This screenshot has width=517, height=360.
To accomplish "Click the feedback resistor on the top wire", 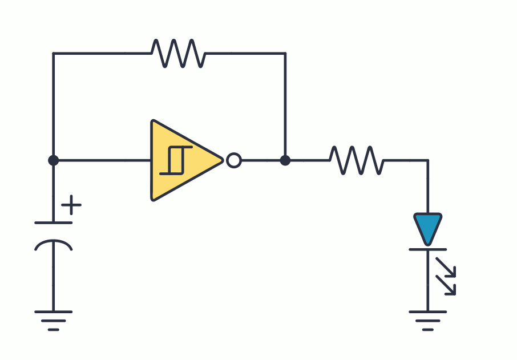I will [x=177, y=53].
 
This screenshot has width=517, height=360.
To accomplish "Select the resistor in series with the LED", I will [x=357, y=160].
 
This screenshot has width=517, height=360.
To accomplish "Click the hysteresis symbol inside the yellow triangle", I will [x=175, y=160].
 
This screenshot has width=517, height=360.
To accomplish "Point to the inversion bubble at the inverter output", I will [x=233, y=160].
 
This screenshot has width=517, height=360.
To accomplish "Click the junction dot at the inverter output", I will [x=285, y=160].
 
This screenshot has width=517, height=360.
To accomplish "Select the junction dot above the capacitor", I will [x=54, y=160].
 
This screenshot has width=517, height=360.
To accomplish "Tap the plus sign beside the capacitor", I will [x=71, y=205].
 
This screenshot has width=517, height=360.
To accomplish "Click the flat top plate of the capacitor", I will [x=54, y=223].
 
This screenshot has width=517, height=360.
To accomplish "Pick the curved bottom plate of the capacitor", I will [x=54, y=244].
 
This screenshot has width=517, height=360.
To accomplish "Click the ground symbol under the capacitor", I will [x=54, y=319].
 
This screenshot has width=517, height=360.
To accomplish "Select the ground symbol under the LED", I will [x=427, y=319].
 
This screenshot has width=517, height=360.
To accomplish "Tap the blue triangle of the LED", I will [x=427, y=228].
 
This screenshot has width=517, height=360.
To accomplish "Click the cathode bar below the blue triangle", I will [x=427, y=249].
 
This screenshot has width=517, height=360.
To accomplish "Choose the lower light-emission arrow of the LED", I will [x=446, y=285].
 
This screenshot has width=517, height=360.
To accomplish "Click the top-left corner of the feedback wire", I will [x=54, y=53].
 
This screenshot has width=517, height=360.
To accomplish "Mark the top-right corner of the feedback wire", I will [x=285, y=53].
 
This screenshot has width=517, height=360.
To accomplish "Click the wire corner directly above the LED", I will [x=427, y=160].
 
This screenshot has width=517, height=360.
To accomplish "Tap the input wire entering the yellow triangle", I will [x=103, y=160].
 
